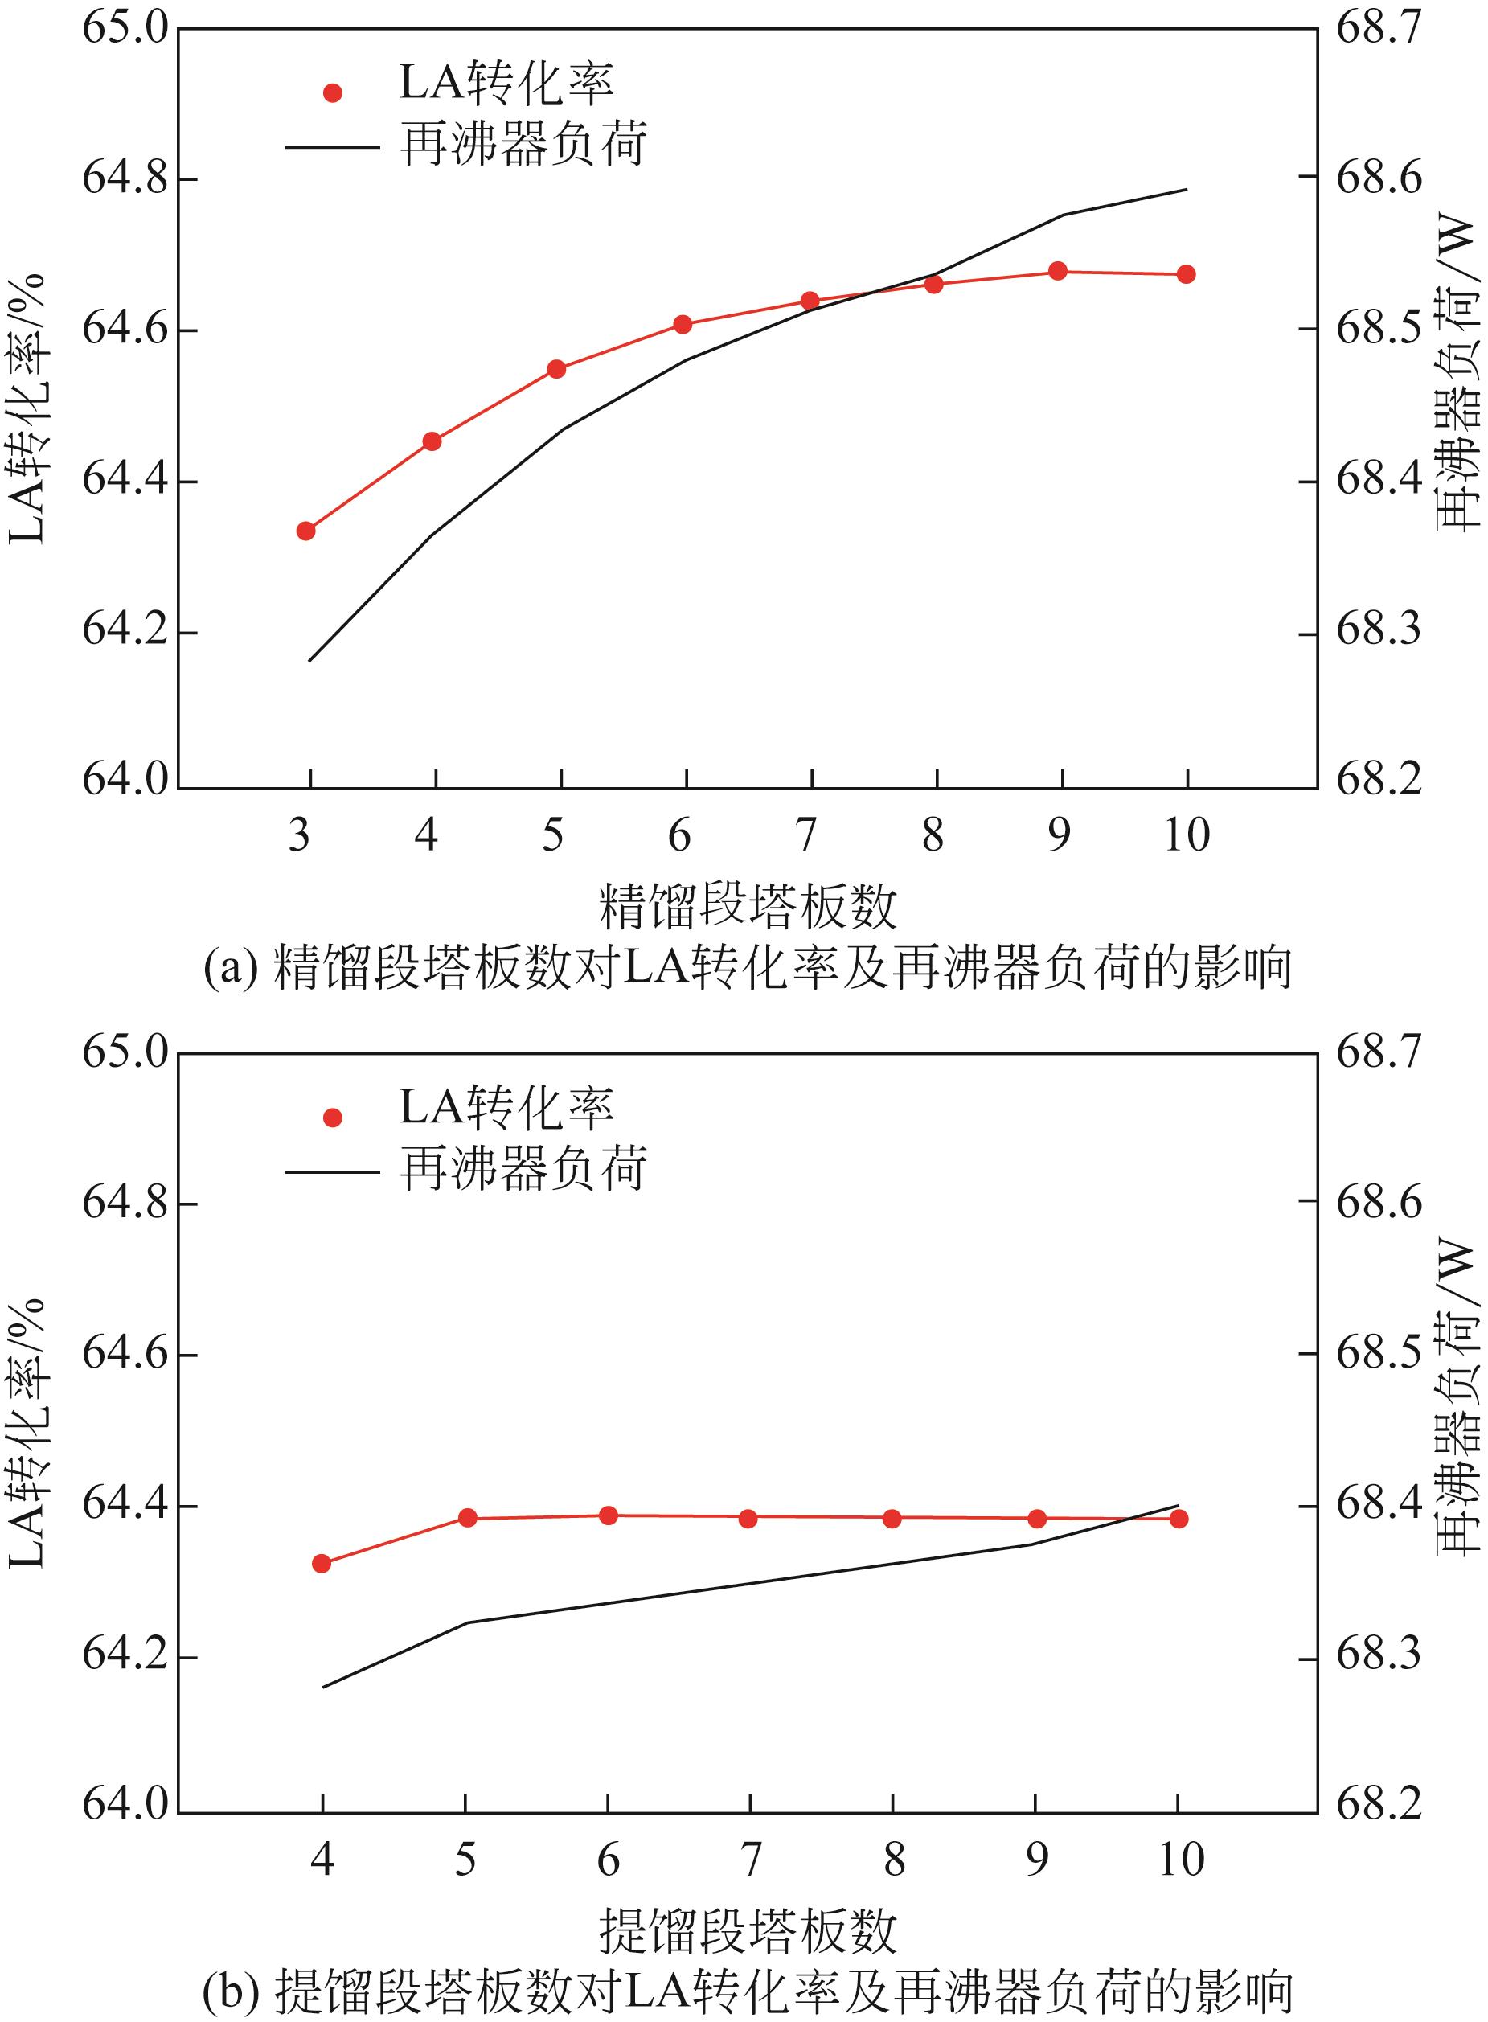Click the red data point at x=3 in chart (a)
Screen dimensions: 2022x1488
tap(305, 531)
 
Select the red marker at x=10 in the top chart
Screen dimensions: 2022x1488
tap(1186, 274)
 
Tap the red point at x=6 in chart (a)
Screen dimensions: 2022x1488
tap(683, 324)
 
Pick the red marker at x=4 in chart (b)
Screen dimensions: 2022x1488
tap(322, 1564)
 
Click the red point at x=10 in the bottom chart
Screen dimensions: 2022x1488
tap(1179, 1519)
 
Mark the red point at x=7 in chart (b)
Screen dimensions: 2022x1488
tap(748, 1519)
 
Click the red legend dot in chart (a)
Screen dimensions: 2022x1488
tap(332, 92)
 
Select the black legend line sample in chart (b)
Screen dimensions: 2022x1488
tap(331, 1171)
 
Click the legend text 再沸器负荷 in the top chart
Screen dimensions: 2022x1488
tap(523, 144)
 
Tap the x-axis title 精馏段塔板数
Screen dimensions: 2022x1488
tap(748, 906)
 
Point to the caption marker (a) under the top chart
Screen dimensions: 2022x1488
tap(232, 968)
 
